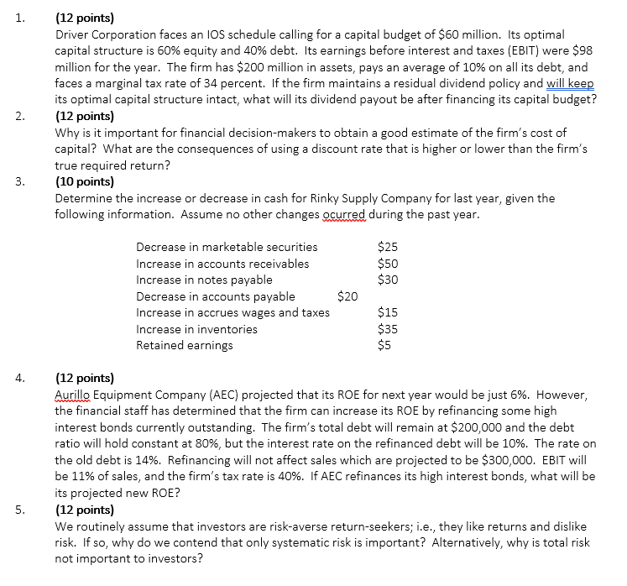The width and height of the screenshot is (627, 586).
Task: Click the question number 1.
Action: (19, 16)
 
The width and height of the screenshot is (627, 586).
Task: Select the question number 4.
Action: (19, 379)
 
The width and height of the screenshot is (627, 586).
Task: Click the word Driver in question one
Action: (73, 35)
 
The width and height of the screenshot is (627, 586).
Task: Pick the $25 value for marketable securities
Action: (389, 247)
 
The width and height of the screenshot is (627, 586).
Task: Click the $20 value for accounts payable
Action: (347, 296)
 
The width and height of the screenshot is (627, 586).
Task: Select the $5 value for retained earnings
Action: (385, 345)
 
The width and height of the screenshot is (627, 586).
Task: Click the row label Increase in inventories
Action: (196, 329)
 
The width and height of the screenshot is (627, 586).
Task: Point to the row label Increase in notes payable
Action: (204, 280)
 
